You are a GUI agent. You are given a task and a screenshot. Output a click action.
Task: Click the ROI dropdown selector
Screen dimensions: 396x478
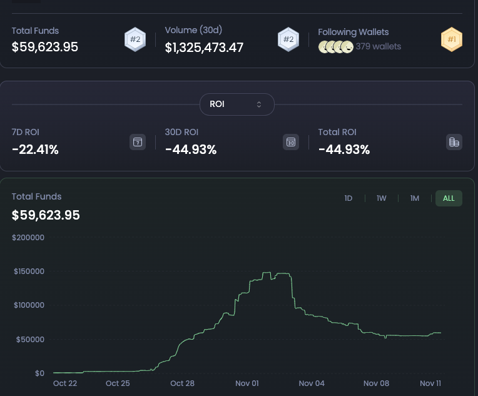point(236,104)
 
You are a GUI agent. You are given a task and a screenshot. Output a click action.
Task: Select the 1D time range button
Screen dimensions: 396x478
point(348,198)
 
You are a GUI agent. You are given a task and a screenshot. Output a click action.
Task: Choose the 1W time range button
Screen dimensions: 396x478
point(382,198)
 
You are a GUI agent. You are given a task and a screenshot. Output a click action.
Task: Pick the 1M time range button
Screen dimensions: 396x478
point(415,198)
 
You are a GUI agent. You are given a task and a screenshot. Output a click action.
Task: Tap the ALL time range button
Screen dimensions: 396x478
point(449,198)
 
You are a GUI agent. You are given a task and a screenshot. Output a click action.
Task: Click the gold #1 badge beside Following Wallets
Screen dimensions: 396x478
point(451,40)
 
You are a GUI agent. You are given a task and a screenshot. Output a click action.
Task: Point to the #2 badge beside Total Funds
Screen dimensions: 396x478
point(135,39)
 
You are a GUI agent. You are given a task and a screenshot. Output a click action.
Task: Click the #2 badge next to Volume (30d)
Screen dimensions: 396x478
point(288,40)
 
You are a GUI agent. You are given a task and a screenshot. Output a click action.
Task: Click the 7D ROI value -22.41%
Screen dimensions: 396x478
point(35,150)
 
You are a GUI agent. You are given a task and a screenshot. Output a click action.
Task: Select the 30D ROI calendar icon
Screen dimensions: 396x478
point(290,142)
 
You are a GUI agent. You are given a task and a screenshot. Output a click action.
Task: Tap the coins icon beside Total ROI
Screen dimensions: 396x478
point(454,142)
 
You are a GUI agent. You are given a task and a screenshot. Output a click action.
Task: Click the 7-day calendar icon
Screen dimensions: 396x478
point(138,142)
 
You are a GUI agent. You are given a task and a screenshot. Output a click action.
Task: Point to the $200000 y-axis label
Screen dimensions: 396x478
point(28,238)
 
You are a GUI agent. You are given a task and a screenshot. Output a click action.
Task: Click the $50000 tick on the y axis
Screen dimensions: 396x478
point(29,339)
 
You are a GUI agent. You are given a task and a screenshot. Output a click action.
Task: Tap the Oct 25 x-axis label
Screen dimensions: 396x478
point(118,383)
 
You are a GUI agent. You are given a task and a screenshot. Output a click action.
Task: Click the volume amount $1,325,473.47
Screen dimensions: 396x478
point(204,47)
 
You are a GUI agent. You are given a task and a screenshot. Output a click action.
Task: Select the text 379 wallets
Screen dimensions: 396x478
point(378,46)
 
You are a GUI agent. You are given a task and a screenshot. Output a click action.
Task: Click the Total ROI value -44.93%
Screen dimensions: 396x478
point(344,150)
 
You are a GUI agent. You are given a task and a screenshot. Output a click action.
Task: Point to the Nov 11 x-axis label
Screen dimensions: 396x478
point(430,383)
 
